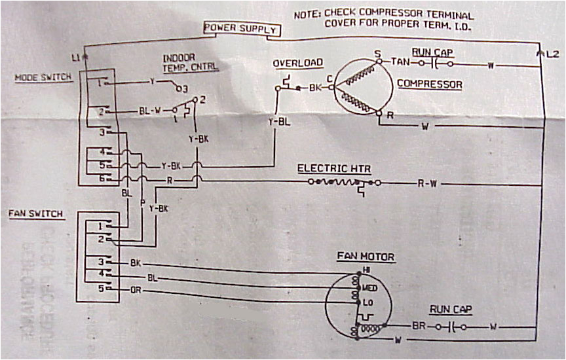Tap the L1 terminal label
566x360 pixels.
pyautogui.click(x=75, y=58)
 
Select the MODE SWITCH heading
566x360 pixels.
pyautogui.click(x=43, y=77)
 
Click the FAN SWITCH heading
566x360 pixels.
pyautogui.click(x=35, y=214)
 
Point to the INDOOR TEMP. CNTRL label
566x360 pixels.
pyautogui.click(x=190, y=62)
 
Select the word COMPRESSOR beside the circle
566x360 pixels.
pyautogui.click(x=430, y=84)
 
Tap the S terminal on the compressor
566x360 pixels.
pyautogui.click(x=377, y=54)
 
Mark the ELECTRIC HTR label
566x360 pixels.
pyautogui.click(x=334, y=168)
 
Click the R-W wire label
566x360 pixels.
pyautogui.click(x=427, y=184)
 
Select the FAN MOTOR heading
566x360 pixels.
pyautogui.click(x=366, y=257)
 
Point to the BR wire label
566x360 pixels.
pyautogui.click(x=419, y=325)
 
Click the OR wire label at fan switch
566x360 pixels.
pyautogui.click(x=136, y=289)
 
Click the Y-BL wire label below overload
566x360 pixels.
pyautogui.click(x=276, y=122)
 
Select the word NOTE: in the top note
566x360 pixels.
pyautogui.click(x=307, y=13)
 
